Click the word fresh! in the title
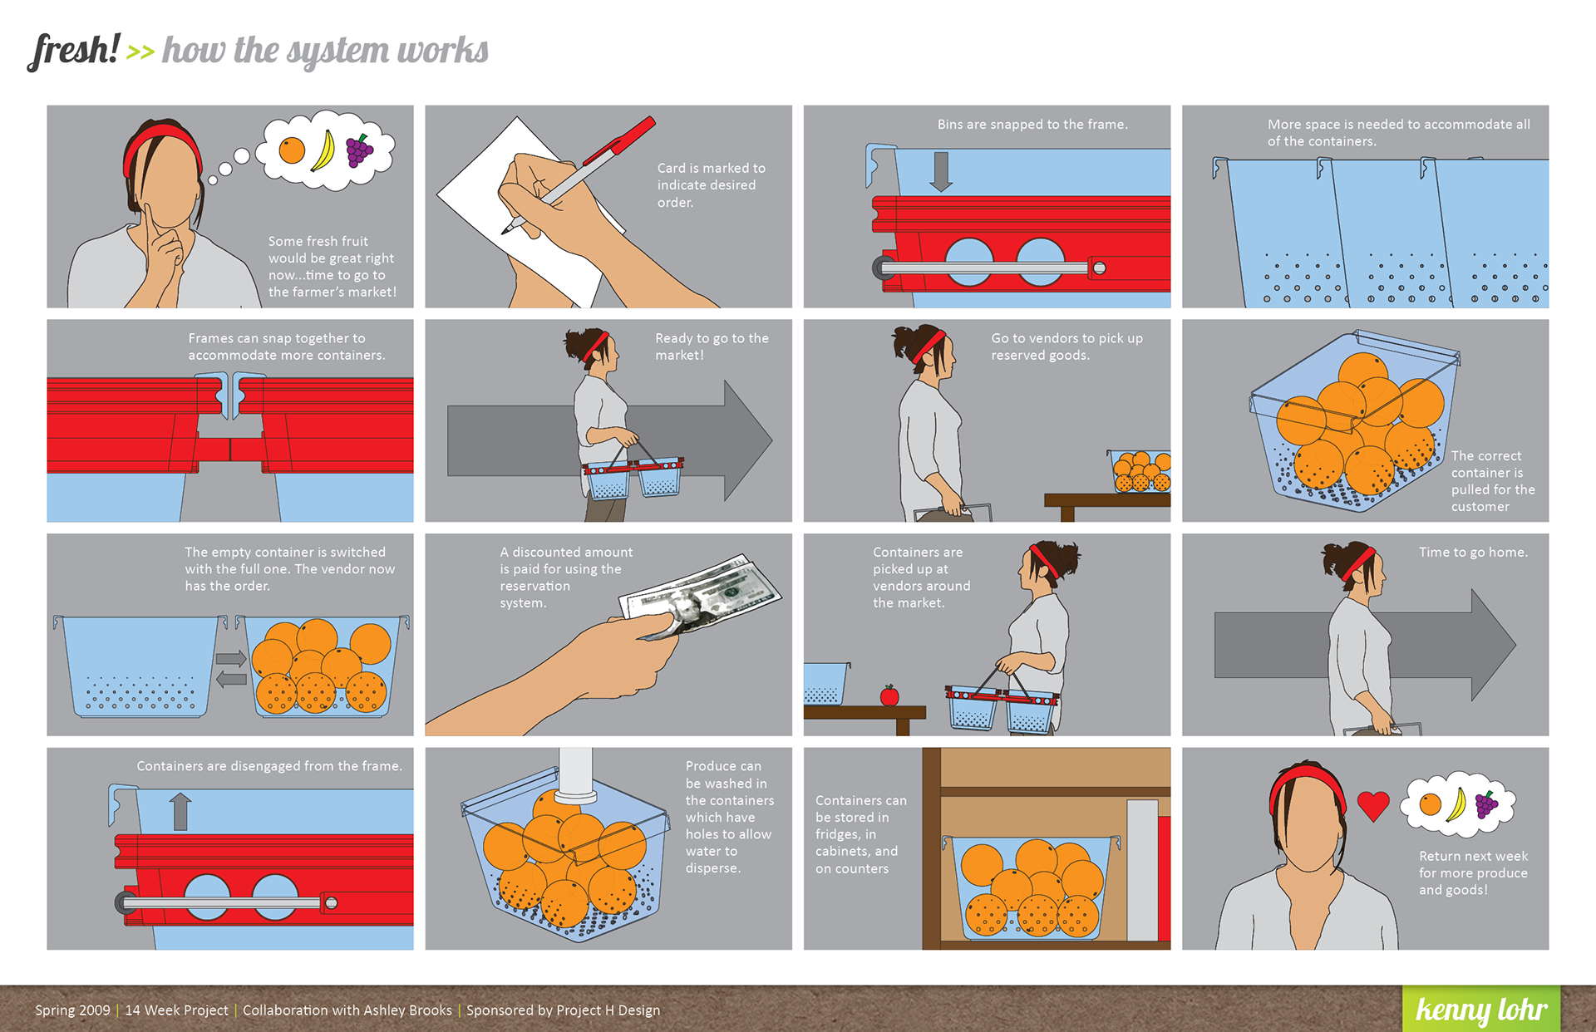coord(73,51)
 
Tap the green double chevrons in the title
coord(140,52)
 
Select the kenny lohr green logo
coord(1481,1009)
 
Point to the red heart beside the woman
coord(1373,805)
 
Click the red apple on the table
coord(889,695)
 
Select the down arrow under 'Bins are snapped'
coord(941,171)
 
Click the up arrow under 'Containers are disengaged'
coord(180,811)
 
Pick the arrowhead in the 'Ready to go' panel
coord(746,440)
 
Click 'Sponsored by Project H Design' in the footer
coord(563,1010)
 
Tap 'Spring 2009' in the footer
coord(72,1010)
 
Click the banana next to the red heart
coord(1456,803)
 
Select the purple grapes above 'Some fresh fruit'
coord(359,151)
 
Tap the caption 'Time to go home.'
coord(1473,553)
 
